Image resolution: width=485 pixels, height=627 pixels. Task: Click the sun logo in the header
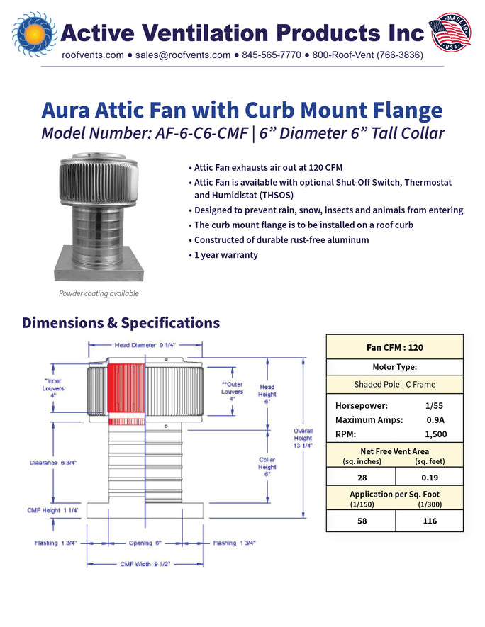click(35, 33)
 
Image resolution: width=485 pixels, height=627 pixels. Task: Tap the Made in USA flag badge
click(450, 33)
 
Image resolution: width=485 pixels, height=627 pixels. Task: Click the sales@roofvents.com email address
click(183, 55)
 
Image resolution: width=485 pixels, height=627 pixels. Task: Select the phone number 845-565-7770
click(272, 55)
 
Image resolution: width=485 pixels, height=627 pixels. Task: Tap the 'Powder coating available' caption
click(99, 293)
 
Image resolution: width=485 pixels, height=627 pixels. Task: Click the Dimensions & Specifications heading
click(121, 322)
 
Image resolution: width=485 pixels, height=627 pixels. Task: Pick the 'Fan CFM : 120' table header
click(394, 347)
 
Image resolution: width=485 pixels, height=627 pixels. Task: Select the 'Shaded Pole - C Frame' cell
click(394, 384)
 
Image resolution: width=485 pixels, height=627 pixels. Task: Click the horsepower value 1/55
click(434, 405)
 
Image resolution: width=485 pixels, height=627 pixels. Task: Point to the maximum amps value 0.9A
click(435, 420)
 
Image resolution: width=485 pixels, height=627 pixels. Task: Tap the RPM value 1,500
click(436, 434)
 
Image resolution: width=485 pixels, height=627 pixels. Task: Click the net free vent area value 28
click(362, 478)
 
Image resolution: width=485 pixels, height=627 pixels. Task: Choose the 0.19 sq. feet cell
click(430, 478)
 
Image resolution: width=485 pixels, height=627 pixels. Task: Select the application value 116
click(430, 521)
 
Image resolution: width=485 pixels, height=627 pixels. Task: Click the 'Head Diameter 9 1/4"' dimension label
click(145, 345)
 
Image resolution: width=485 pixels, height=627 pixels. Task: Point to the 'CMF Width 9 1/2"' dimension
click(145, 564)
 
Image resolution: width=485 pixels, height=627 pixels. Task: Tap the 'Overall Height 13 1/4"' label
click(303, 439)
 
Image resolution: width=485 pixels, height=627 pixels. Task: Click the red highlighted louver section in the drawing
click(126, 388)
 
